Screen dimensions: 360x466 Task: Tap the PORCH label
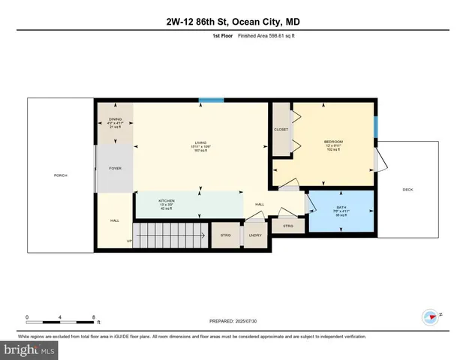(x=60, y=175)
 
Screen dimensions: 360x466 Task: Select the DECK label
(x=407, y=189)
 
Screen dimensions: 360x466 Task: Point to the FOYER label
(x=115, y=168)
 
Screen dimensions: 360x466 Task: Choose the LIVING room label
(x=200, y=142)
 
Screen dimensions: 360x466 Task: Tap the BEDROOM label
(x=333, y=141)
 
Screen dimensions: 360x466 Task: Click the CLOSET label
(x=281, y=129)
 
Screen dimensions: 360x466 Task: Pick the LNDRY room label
(x=254, y=235)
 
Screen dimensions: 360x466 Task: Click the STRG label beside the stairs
(x=224, y=235)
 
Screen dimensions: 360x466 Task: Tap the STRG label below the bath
(x=287, y=225)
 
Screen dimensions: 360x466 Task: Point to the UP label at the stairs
(x=128, y=241)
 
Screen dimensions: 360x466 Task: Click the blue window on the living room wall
(x=211, y=100)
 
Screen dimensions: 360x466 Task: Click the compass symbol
(x=431, y=316)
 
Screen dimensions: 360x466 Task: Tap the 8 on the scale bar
(x=93, y=317)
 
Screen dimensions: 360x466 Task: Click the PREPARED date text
(x=233, y=321)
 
